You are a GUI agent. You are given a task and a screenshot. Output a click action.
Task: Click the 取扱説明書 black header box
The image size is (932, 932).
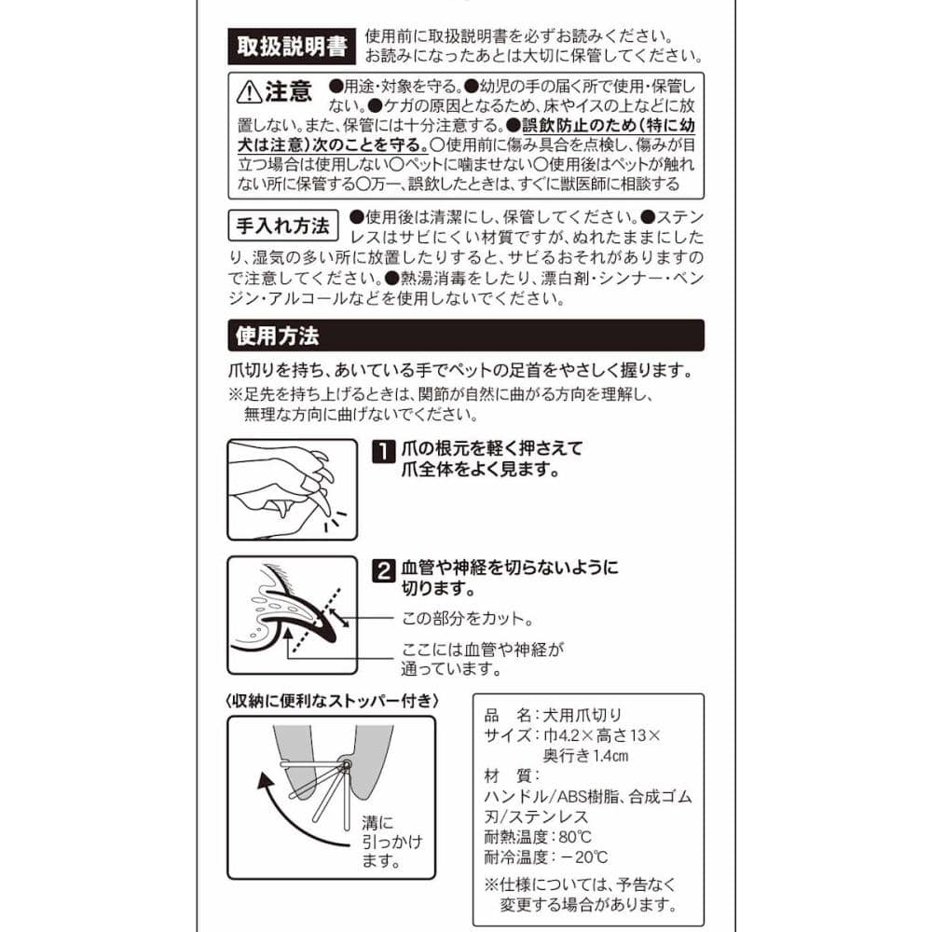(x=292, y=47)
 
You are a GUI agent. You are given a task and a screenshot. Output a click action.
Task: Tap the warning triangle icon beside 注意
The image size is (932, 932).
(x=249, y=92)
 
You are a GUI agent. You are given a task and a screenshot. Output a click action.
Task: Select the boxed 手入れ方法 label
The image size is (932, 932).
(x=283, y=226)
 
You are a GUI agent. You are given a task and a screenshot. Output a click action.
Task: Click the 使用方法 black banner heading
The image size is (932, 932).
(x=466, y=336)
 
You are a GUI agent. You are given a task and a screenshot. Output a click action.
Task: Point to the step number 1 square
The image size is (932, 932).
(x=383, y=451)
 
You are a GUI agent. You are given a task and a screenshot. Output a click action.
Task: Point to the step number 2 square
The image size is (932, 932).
(x=383, y=570)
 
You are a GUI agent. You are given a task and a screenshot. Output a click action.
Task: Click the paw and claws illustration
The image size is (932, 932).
(x=293, y=490)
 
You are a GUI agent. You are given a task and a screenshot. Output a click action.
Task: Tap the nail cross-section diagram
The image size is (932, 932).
(x=293, y=615)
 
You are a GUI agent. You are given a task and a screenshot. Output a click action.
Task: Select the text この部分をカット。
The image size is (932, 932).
(x=467, y=619)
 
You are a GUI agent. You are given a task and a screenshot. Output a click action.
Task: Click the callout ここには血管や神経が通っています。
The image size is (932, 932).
(x=483, y=659)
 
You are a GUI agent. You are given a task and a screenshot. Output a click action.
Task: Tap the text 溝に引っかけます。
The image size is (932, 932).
(x=391, y=842)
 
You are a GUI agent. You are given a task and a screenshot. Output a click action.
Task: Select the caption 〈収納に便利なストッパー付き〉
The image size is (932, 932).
(x=332, y=702)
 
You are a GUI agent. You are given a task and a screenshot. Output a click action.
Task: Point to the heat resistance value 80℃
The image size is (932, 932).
(x=575, y=837)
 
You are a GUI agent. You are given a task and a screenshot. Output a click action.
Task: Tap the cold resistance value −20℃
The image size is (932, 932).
(x=583, y=857)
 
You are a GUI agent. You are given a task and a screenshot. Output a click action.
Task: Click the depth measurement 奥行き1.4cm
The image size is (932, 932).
(x=585, y=756)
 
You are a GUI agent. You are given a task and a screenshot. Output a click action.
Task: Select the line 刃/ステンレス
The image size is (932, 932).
(x=536, y=816)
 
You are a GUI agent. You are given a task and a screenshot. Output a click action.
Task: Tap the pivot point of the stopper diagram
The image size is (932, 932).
(x=346, y=764)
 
